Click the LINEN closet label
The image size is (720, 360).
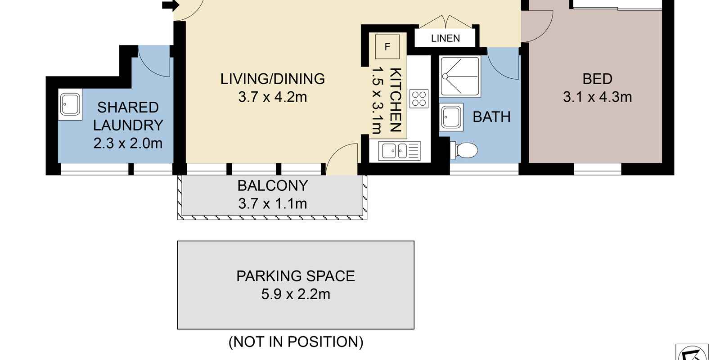pyautogui.click(x=445, y=38)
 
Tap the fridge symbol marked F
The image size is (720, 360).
pyautogui.click(x=387, y=47)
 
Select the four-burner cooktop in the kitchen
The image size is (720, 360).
pyautogui.click(x=419, y=99)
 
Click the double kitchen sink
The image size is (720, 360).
pyautogui.click(x=400, y=151)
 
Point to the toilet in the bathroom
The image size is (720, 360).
pyautogui.click(x=464, y=150)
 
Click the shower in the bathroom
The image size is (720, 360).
pyautogui.click(x=460, y=76)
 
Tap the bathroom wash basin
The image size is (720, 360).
pyautogui.click(x=451, y=117)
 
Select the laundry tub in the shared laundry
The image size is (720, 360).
pyautogui.click(x=70, y=104)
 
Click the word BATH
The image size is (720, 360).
pyautogui.click(x=491, y=117)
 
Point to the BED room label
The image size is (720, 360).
pyautogui.click(x=597, y=79)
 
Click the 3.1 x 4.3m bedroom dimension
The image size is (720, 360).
pyautogui.click(x=597, y=97)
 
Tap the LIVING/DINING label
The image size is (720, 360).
pyautogui.click(x=273, y=79)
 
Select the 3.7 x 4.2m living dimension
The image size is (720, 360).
pyautogui.click(x=273, y=97)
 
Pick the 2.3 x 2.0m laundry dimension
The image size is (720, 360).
pyautogui.click(x=128, y=144)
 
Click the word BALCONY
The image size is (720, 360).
pyautogui.click(x=273, y=186)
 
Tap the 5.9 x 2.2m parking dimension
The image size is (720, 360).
pyautogui.click(x=295, y=294)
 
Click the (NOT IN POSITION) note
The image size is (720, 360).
pyautogui.click(x=296, y=342)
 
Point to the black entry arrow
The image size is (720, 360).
pyautogui.click(x=171, y=5)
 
